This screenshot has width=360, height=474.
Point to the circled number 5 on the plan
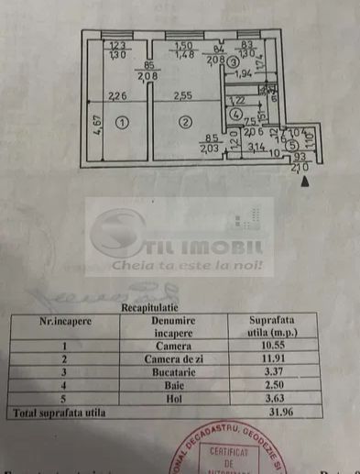[x=290, y=145]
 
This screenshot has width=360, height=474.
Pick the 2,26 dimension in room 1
[x=117, y=95]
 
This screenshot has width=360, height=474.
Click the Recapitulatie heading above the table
[x=152, y=309]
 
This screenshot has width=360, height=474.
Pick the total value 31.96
[x=271, y=413]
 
